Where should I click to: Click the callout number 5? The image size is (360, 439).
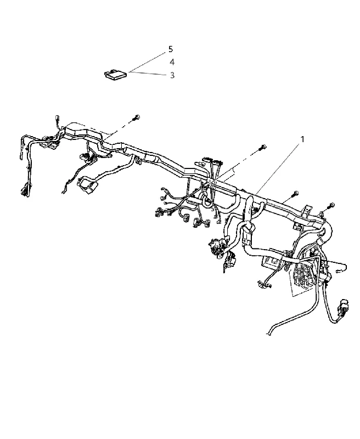pos(171,49)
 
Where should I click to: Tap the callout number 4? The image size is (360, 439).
pos(172,62)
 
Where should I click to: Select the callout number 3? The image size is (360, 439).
pos(172,75)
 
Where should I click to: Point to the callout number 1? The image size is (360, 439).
pos(302,139)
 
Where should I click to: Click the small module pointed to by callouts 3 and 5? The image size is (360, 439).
pos(116,75)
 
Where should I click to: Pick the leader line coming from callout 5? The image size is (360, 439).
pos(148,62)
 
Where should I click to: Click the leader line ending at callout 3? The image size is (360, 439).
pos(149,74)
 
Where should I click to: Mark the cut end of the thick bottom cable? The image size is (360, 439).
pos(268,333)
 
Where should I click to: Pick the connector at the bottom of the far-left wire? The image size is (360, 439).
pos(24,190)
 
